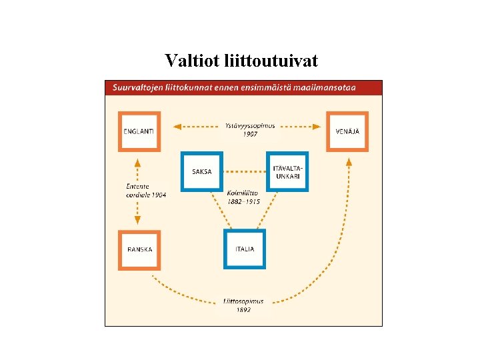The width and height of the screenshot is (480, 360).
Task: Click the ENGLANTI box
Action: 139,131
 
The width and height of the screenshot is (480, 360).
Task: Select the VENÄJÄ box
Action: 347,131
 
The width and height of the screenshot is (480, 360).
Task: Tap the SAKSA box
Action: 202,172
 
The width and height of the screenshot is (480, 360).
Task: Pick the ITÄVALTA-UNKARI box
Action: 287,172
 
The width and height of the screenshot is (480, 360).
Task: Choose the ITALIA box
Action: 245,249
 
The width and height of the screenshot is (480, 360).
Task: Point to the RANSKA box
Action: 139,249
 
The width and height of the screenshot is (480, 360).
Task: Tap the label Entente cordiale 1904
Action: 146,190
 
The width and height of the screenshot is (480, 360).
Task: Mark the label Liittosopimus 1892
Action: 243,305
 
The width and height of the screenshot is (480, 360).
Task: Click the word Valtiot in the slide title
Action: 188,61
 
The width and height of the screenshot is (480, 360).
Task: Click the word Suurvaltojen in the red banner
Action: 138,87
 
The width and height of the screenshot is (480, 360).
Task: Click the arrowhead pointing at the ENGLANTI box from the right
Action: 177,125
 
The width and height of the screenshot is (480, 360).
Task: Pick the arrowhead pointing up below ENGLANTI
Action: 137,162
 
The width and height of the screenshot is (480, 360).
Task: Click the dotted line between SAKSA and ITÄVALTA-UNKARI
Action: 244,172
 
